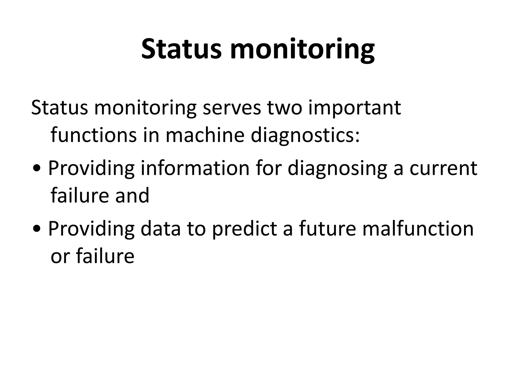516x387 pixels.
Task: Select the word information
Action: click(195, 168)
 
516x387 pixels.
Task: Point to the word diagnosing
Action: click(337, 168)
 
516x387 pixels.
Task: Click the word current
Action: click(443, 168)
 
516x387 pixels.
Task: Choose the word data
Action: click(161, 229)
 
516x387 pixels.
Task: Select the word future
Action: click(327, 229)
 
